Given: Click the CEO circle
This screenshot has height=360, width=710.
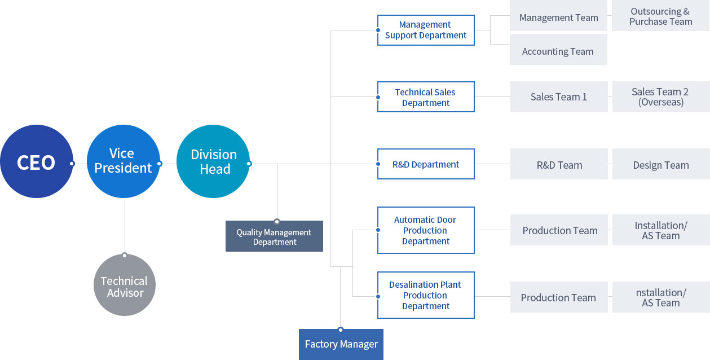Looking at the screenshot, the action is pyautogui.click(x=37, y=161).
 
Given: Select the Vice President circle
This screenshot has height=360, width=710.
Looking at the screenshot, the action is pyautogui.click(x=124, y=161).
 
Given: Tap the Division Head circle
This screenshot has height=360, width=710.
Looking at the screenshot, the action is pyautogui.click(x=213, y=161).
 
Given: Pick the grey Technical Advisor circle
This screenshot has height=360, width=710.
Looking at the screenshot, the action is pyautogui.click(x=125, y=285).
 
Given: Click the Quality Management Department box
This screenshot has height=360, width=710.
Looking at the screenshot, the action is pyautogui.click(x=274, y=236).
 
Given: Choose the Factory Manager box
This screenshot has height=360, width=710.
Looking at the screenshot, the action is pyautogui.click(x=341, y=344).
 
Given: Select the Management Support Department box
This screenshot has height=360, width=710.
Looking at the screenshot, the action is pyautogui.click(x=426, y=30).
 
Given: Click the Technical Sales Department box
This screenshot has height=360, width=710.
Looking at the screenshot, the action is pyautogui.click(x=426, y=96).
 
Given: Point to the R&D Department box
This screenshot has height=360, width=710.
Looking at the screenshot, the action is pyautogui.click(x=426, y=164).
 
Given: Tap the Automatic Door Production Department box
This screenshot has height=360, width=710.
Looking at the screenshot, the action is pyautogui.click(x=426, y=230).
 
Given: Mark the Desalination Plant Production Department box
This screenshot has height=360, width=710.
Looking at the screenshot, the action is pyautogui.click(x=426, y=295).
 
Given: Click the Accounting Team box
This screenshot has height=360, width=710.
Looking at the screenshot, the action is pyautogui.click(x=558, y=50).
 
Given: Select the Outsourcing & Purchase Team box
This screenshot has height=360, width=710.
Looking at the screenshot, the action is pyautogui.click(x=661, y=16).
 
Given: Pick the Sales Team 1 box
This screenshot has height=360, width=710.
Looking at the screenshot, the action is pyautogui.click(x=559, y=96).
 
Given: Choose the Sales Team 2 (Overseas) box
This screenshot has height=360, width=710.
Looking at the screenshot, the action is pyautogui.click(x=661, y=96).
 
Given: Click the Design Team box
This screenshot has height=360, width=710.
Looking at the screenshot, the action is pyautogui.click(x=661, y=164).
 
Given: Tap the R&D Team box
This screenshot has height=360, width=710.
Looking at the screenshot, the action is pyautogui.click(x=559, y=164).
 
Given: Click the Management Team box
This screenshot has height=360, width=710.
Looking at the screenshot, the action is pyautogui.click(x=558, y=16).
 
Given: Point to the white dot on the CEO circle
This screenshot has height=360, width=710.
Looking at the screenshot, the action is pyautogui.click(x=72, y=164).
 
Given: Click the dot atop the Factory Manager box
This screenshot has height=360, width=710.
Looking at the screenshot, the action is pyautogui.click(x=341, y=330).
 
